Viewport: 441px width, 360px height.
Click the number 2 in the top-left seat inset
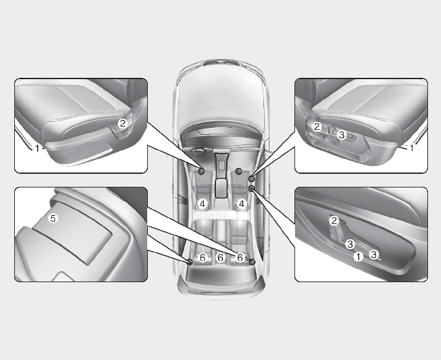(x=123, y=123)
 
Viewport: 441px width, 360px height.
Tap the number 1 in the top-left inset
(x=37, y=149)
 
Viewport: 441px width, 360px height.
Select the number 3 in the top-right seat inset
(x=341, y=135)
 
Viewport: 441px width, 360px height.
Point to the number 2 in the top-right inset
(x=317, y=127)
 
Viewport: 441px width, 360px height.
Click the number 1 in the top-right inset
(x=412, y=148)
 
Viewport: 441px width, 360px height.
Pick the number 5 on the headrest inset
(x=53, y=218)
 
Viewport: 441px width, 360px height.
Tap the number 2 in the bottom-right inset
(x=334, y=221)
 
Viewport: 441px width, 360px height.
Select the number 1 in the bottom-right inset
(x=358, y=256)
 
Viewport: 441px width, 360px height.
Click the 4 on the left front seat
(x=203, y=204)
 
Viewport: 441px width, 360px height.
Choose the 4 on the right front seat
(x=242, y=204)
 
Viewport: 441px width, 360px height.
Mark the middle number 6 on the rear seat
(x=220, y=258)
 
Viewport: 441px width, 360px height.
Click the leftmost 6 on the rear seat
(x=202, y=258)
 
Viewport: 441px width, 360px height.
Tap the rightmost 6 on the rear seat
(x=239, y=258)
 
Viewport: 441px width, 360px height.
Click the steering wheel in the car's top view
(x=198, y=153)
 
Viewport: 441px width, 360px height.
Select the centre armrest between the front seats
(x=222, y=187)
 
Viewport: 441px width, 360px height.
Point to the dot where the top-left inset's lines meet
(x=202, y=171)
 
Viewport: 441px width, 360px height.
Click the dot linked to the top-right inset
(x=252, y=178)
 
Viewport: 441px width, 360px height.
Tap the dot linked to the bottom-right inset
(x=252, y=189)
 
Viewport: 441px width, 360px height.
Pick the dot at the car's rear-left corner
(x=190, y=262)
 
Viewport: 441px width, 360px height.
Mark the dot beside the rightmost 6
(x=252, y=262)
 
